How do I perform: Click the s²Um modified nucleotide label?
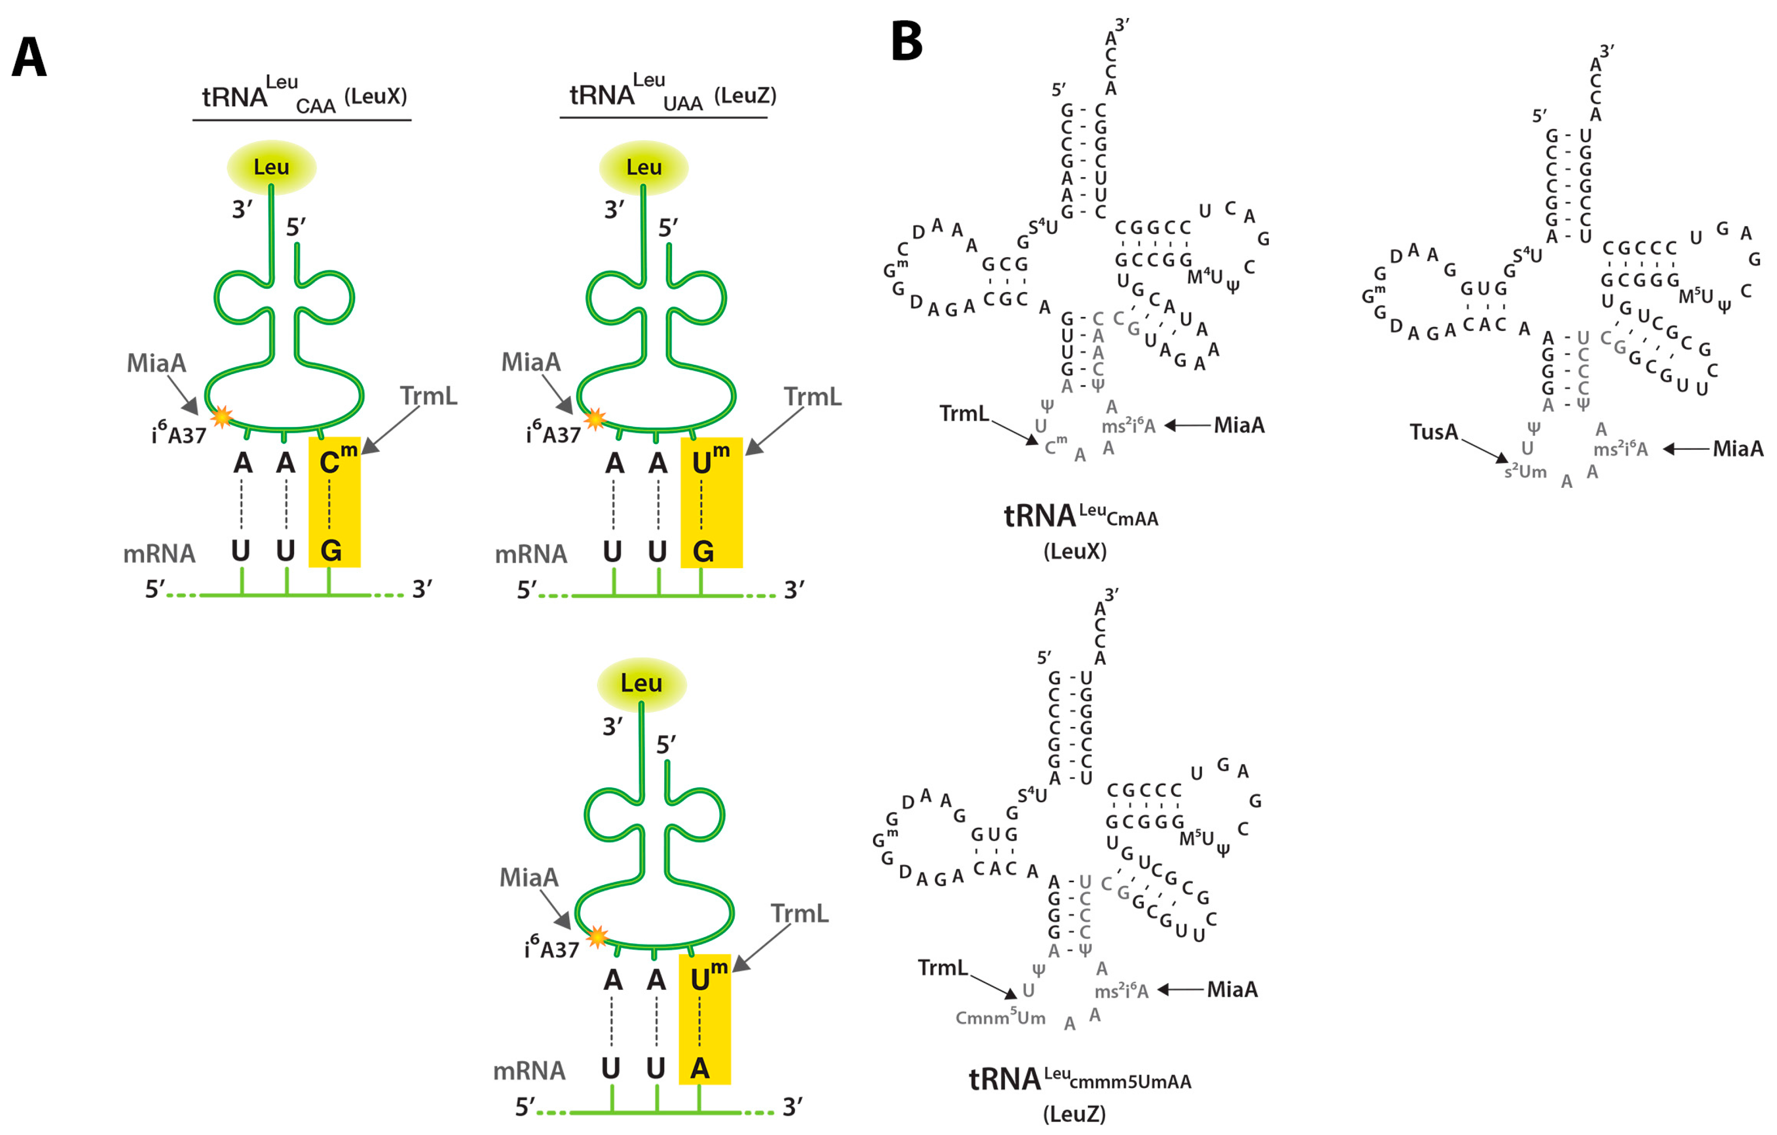click(1525, 472)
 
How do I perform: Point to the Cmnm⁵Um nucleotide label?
click(1000, 1019)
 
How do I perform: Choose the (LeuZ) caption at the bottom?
click(1074, 1114)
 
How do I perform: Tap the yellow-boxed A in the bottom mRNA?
click(700, 1068)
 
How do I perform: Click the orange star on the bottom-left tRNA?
click(596, 937)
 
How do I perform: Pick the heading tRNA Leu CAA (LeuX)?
click(304, 97)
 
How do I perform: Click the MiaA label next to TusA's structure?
click(1737, 449)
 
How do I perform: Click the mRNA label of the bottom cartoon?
click(529, 1071)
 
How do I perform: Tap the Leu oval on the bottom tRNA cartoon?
click(642, 683)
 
